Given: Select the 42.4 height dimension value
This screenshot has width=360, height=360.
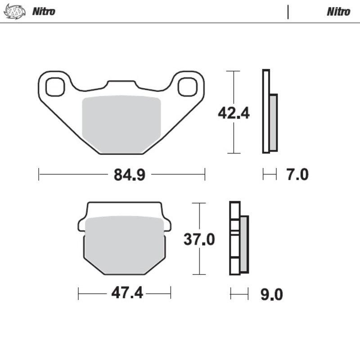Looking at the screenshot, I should (234, 113).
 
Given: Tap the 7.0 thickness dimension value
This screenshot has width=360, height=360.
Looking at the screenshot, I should (297, 175).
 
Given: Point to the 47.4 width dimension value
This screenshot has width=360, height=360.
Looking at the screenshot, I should (127, 293).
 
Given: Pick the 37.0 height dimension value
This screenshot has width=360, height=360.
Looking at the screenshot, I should (199, 239).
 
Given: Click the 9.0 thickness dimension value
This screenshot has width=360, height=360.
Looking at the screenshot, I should (272, 295).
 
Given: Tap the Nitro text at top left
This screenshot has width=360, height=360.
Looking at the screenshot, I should (44, 12).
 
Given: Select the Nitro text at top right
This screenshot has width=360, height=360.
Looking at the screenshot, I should (338, 12).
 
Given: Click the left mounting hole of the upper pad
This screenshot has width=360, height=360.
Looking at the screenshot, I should (55, 87).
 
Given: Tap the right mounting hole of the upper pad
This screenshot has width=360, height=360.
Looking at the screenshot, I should (187, 87).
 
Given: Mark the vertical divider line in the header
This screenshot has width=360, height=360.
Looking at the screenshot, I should (288, 12).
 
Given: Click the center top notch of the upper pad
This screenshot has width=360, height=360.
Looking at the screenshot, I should (121, 85).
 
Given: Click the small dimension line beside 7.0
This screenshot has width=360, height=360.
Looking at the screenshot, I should (270, 175).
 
